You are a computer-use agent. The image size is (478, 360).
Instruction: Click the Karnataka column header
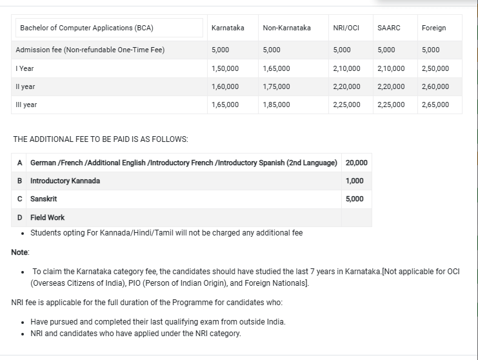[228, 28]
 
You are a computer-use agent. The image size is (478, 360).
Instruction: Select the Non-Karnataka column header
[286, 28]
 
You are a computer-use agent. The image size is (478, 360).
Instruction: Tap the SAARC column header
[388, 28]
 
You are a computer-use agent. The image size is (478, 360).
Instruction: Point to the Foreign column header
[433, 28]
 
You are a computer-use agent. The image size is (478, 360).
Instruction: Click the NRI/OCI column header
[346, 28]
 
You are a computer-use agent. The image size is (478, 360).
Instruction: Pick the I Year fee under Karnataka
[224, 68]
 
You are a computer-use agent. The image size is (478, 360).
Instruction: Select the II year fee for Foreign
[435, 86]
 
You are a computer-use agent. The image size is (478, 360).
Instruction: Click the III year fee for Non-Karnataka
[276, 105]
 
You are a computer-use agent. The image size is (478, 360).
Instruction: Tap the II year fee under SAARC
[391, 86]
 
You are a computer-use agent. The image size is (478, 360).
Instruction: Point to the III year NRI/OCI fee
[346, 105]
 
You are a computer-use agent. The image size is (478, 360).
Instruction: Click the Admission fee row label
[90, 50]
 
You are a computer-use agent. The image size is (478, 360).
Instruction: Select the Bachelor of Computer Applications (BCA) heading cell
[86, 28]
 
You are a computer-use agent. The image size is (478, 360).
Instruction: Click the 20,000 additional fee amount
[357, 163]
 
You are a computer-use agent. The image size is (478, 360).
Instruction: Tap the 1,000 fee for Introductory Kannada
[354, 181]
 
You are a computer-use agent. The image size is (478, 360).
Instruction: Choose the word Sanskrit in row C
[44, 199]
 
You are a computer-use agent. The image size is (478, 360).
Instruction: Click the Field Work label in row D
[48, 217]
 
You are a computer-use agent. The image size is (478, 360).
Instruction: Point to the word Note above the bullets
[20, 252]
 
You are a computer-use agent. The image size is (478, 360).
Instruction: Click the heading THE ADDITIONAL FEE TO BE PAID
[101, 139]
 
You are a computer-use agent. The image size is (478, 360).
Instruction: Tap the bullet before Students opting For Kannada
[23, 233]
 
